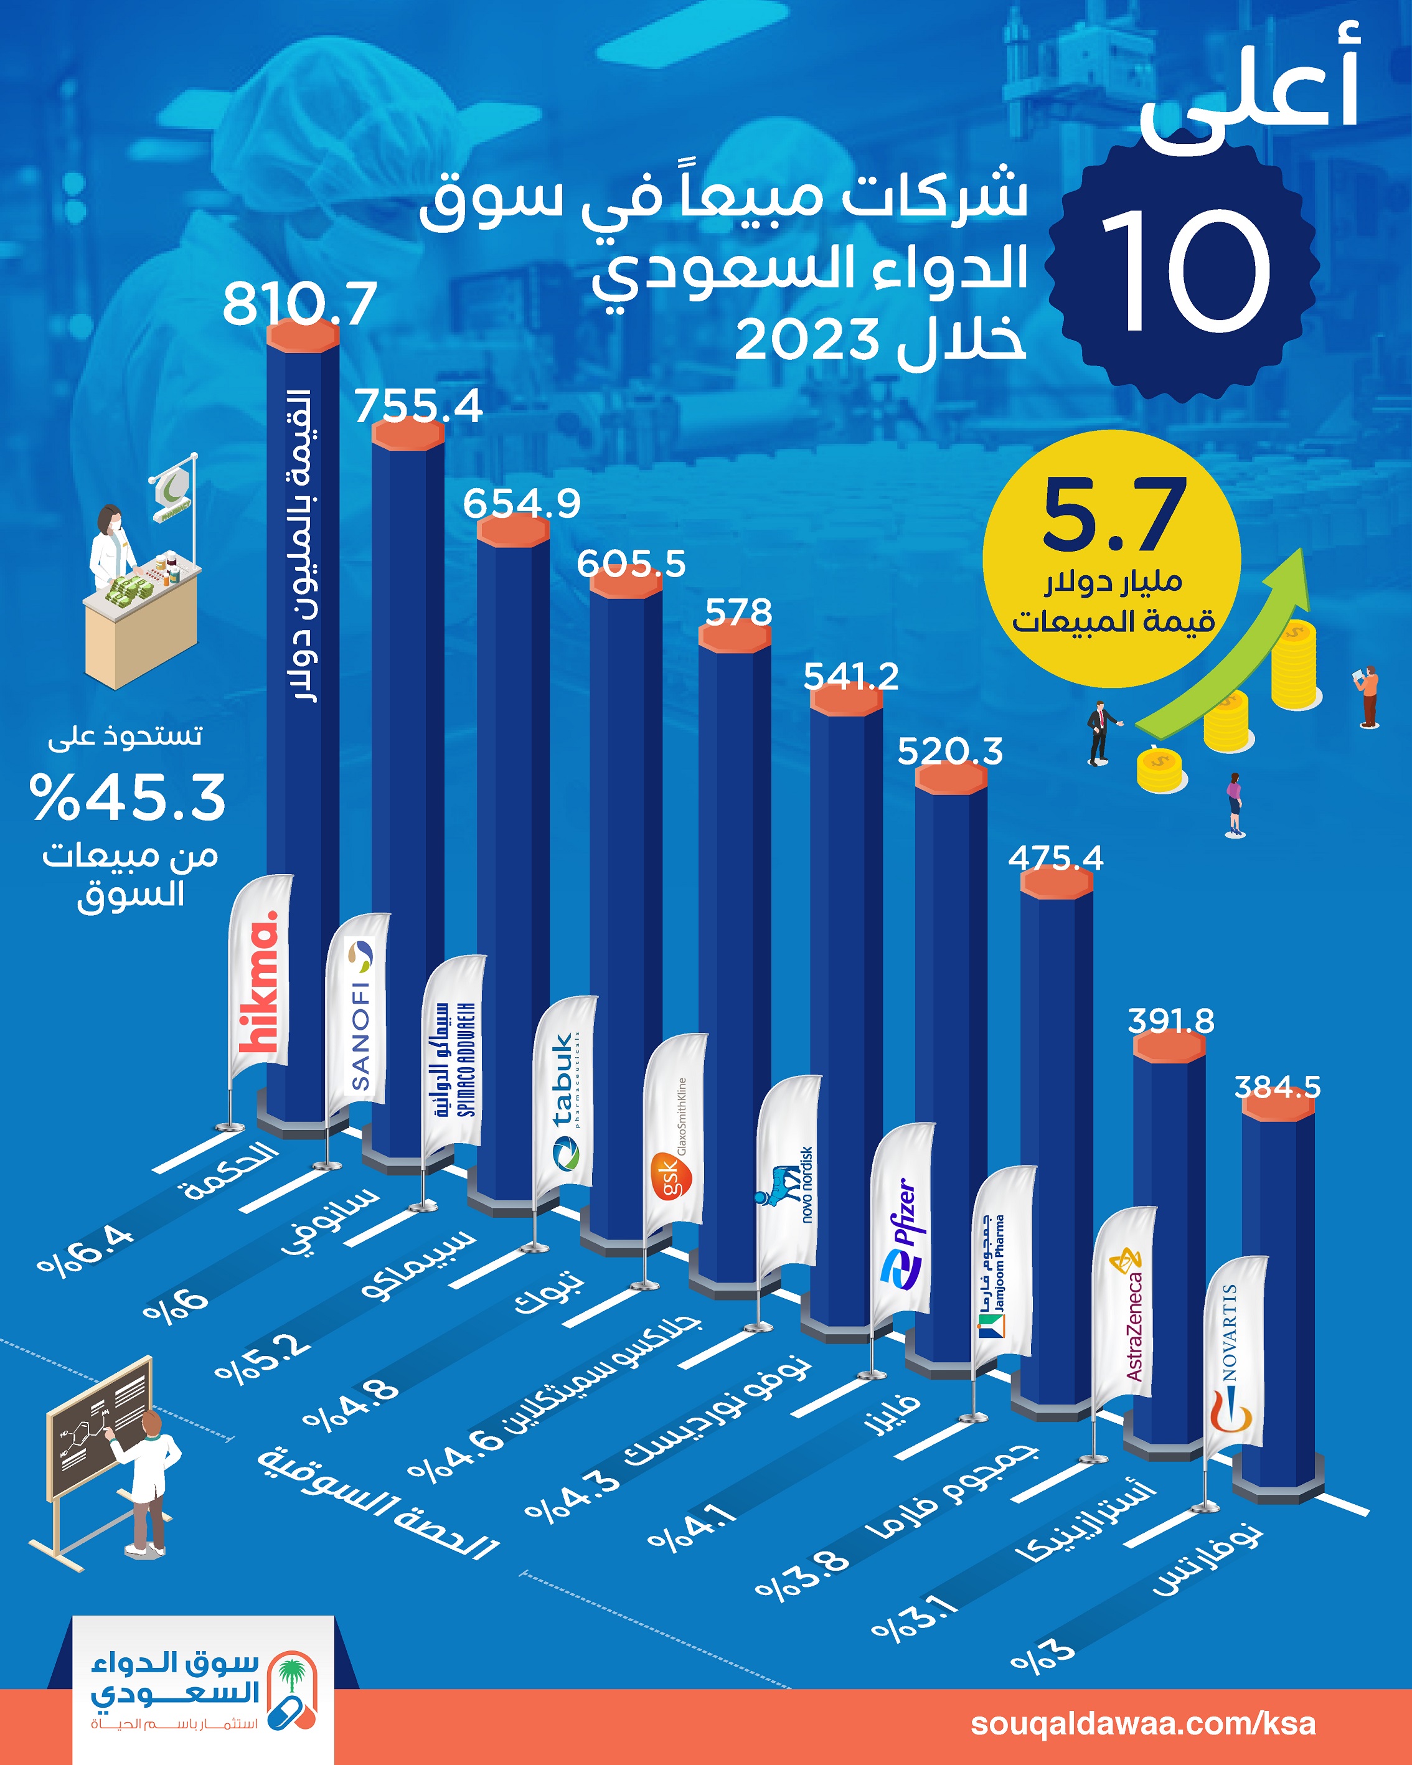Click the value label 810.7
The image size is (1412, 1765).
[299, 304]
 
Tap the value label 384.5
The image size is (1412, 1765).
[1277, 1087]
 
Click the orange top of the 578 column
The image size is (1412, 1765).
[734, 638]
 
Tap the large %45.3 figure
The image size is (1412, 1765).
[128, 798]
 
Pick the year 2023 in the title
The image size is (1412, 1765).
[806, 340]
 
